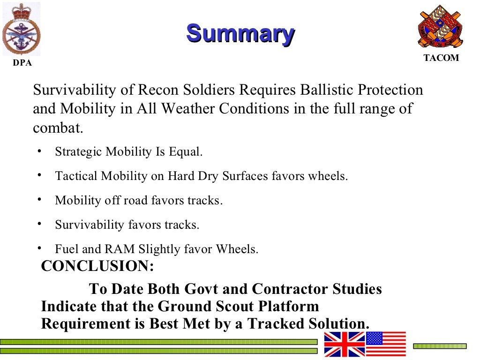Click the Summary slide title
coord(240,34)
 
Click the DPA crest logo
coord(21,29)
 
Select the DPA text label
coord(22,63)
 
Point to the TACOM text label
coord(441,59)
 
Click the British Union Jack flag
coord(345,344)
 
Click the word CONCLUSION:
coord(97,266)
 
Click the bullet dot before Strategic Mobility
coord(40,151)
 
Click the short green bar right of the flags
coord(440,346)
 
